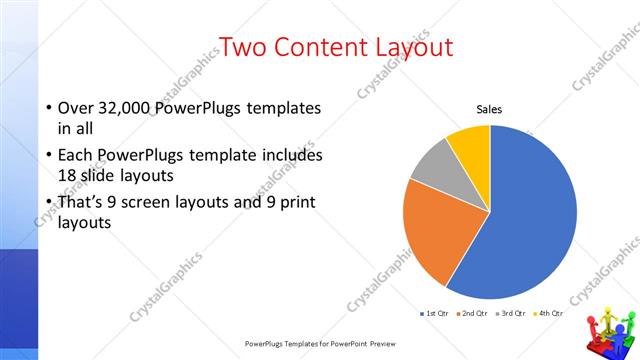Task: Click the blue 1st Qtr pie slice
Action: click(x=530, y=220)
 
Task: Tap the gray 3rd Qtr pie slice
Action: click(x=432, y=166)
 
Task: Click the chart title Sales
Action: click(x=489, y=109)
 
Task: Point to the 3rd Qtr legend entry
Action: click(x=510, y=314)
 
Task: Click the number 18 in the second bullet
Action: click(x=70, y=175)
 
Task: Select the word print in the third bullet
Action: click(x=297, y=202)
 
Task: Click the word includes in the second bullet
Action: click(x=288, y=156)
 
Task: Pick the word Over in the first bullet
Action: click(x=76, y=108)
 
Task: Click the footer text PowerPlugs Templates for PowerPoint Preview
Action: click(x=321, y=343)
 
